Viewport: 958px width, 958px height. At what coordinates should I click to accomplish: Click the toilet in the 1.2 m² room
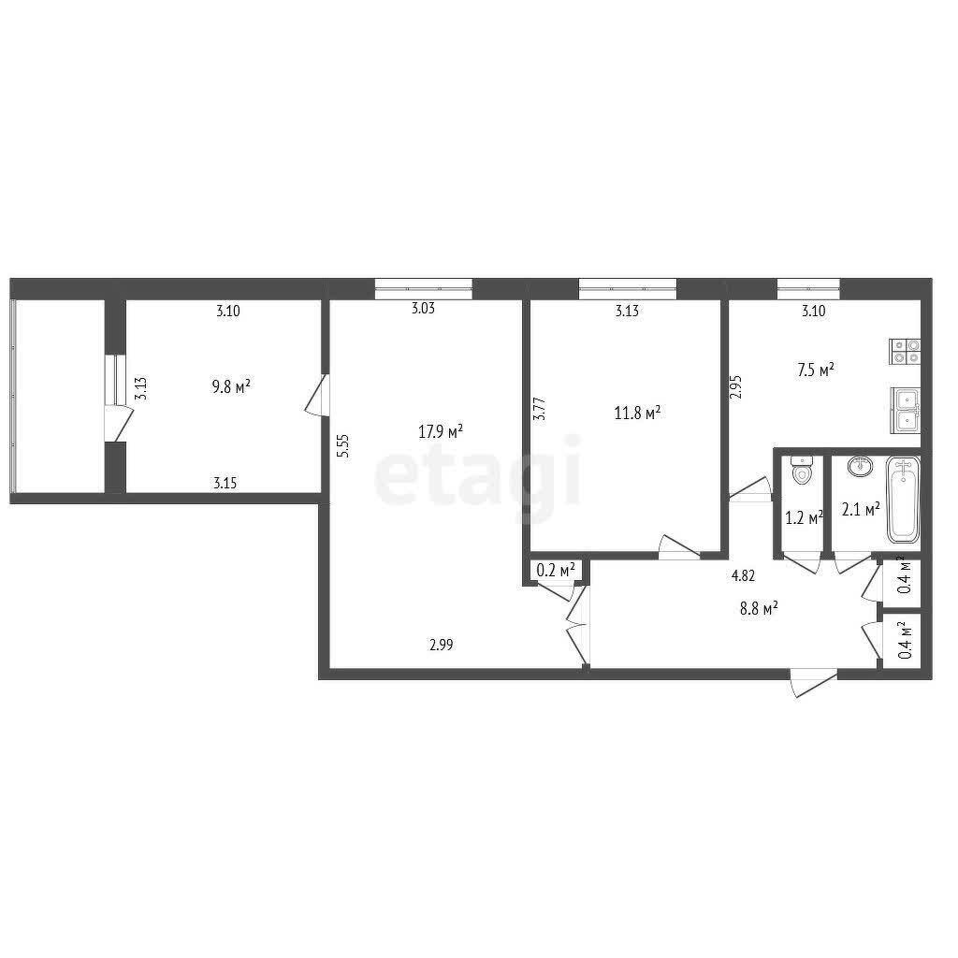click(801, 471)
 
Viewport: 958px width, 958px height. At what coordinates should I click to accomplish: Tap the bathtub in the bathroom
click(903, 500)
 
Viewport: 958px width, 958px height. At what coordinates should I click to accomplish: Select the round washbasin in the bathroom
click(861, 466)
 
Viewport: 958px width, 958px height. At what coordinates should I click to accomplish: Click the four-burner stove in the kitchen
click(906, 352)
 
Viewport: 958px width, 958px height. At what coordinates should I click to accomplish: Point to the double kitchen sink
click(906, 411)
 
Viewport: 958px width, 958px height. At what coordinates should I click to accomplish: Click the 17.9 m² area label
click(441, 432)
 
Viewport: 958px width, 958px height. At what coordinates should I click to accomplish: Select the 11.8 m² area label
click(637, 413)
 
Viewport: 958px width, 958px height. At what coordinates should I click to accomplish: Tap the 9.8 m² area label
click(231, 386)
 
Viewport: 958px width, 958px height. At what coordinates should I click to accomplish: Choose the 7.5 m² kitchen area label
click(816, 370)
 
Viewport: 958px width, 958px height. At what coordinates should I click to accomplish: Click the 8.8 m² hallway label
click(759, 608)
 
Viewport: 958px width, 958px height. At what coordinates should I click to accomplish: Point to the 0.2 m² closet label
click(556, 570)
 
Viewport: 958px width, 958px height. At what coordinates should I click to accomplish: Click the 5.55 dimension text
click(344, 446)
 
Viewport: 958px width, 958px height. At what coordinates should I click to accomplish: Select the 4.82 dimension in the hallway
click(744, 575)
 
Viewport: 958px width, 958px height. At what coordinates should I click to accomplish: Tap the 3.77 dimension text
click(540, 409)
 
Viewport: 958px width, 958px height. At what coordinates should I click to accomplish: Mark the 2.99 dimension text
click(442, 645)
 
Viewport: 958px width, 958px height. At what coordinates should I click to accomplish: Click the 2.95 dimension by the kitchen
click(735, 387)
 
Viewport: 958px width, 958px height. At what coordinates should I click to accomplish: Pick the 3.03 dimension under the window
click(423, 308)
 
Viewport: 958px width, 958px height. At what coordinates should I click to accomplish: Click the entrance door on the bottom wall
click(813, 682)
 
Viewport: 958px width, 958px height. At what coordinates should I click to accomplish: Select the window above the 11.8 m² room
click(628, 288)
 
